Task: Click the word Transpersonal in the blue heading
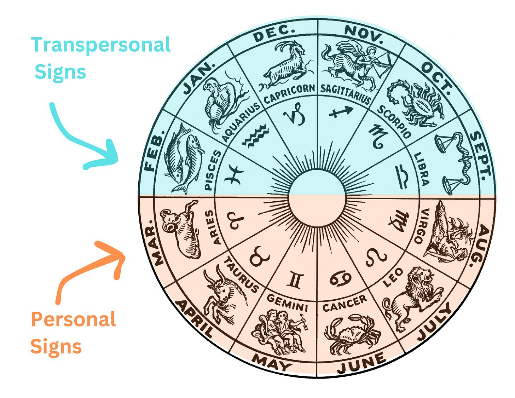(x=101, y=45)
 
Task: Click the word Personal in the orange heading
(x=73, y=319)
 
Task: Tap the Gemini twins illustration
(x=279, y=331)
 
